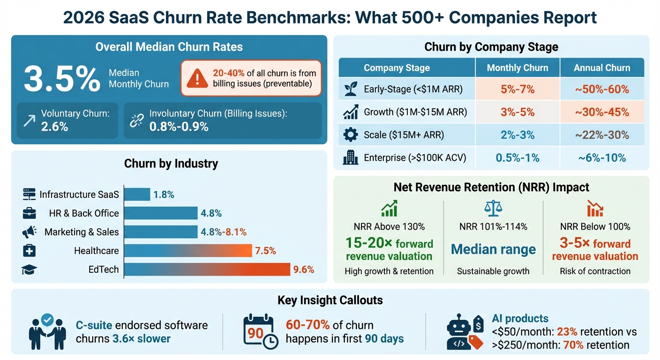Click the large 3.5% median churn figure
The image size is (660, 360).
point(62,78)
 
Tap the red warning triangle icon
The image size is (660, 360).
point(197,78)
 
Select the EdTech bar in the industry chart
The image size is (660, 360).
point(207,270)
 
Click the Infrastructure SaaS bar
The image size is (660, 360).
point(137,195)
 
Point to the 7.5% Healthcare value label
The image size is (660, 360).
point(265,251)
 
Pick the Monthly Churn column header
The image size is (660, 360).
point(517,67)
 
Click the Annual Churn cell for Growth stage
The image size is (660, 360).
point(602,112)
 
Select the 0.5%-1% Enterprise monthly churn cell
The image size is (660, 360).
point(517,158)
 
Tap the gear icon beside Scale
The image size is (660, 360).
point(350,135)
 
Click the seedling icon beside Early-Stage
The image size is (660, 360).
point(350,90)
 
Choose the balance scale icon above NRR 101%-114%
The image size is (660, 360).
point(493,208)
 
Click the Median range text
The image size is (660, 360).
point(493,249)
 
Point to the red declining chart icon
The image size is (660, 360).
point(595,208)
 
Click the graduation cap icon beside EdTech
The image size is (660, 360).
point(29,270)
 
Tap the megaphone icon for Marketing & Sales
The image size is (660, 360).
point(29,232)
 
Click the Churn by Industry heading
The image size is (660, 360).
point(171,164)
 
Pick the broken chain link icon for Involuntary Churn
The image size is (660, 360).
point(137,120)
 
